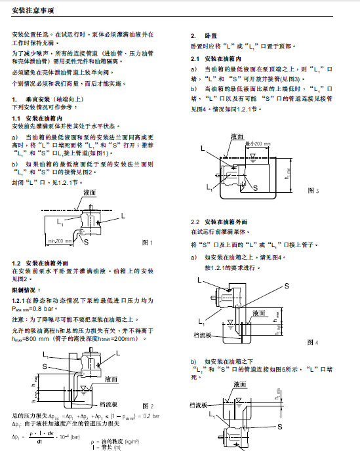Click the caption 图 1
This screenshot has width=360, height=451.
click(148, 242)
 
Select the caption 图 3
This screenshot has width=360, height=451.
click(313, 191)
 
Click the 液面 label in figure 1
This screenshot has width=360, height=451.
click(90, 195)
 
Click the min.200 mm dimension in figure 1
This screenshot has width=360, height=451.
click(59, 242)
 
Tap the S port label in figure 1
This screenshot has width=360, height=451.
click(85, 242)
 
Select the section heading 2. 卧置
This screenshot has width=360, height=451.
click(198, 35)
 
